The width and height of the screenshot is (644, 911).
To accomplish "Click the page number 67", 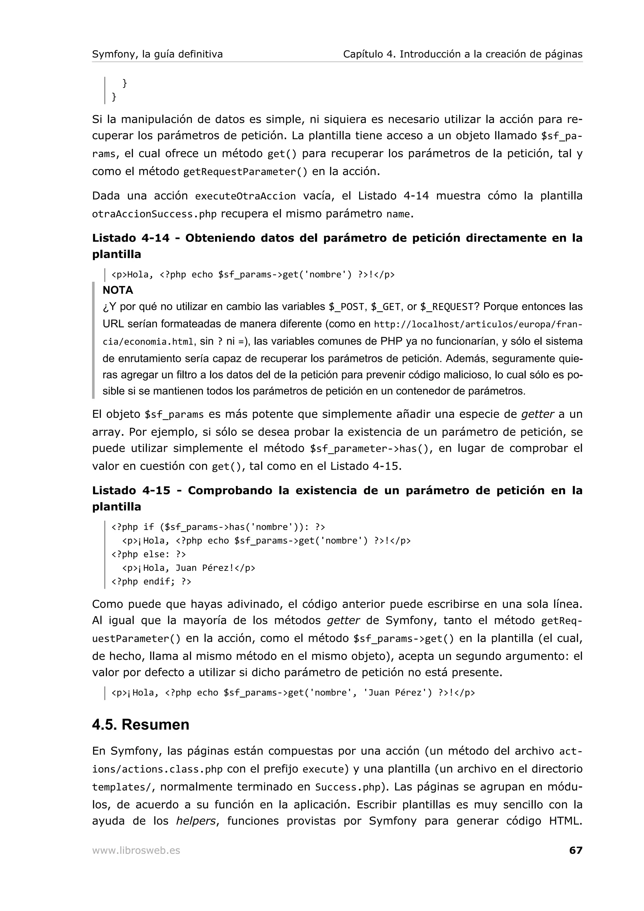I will pos(575,850).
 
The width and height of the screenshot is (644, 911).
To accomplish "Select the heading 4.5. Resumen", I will pos(141,725).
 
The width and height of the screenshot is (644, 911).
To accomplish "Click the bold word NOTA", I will pos(118,290).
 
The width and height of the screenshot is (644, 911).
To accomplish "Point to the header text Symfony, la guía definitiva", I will pos(157,54).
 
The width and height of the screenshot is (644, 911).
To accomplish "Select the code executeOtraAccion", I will pos(245,196).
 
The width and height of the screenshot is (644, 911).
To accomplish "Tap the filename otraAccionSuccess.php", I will pos(154,214).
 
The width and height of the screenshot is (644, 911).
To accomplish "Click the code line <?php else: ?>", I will pos(148,554).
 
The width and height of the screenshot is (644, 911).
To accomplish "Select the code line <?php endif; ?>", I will pos(151,582).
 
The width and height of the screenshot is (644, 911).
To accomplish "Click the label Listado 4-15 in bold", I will pos(131,490).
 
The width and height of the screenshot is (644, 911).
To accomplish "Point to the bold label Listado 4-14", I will pos(130,238).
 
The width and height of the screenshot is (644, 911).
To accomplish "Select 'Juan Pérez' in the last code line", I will pos(397,693).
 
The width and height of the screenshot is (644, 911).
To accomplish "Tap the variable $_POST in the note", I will pos(347,307).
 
